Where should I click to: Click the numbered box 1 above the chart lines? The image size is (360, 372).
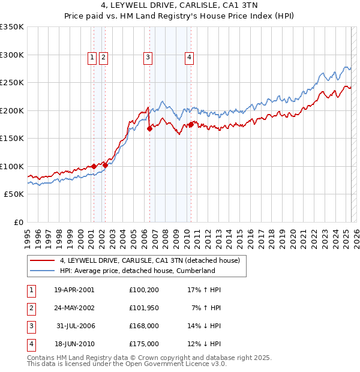tap(92, 58)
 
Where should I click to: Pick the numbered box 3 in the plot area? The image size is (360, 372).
tap(148, 58)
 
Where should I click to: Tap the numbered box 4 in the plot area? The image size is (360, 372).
tap(189, 58)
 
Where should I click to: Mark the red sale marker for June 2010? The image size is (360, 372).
tap(191, 124)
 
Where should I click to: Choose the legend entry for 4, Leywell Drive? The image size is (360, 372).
tap(149, 260)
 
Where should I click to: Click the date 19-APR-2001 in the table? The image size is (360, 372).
tap(74, 290)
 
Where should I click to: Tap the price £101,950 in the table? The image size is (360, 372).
tap(144, 308)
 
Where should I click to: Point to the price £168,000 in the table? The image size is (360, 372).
tap(144, 326)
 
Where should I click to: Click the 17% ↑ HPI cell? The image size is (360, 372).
tap(205, 290)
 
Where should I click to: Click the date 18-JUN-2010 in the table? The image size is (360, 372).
tap(74, 344)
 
